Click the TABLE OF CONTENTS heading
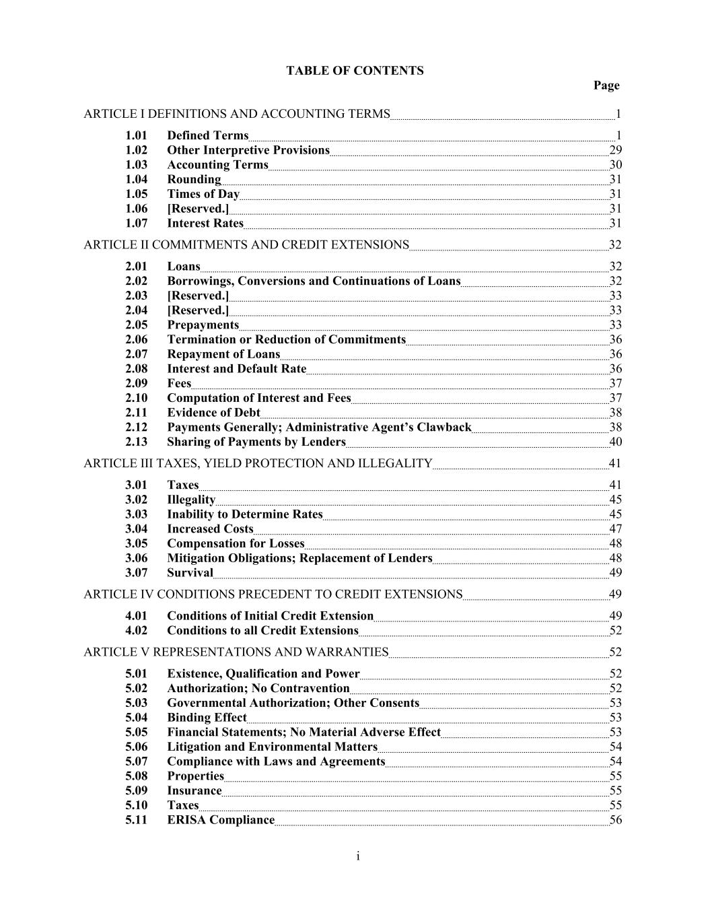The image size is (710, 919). coord(355,71)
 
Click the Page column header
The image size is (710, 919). coord(606,86)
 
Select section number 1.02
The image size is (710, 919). coord(136,150)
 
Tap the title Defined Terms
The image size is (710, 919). coord(207,135)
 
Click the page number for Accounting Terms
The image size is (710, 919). coord(615,165)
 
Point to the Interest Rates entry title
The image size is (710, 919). coord(205,224)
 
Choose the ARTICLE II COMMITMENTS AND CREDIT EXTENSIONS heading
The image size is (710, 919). coord(246,245)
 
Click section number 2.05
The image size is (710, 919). coord(136,325)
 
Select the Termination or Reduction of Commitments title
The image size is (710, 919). coord(286,340)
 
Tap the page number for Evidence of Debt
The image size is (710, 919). coord(615,413)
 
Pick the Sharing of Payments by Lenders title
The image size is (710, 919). coord(256,442)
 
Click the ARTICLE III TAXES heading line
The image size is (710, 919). coord(258,464)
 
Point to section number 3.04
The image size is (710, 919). coord(136,529)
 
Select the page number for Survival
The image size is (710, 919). coord(615,573)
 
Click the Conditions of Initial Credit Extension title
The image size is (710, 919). coord(270,616)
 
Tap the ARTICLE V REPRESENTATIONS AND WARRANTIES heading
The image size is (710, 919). coord(236,652)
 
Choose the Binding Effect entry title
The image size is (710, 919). coord(207,718)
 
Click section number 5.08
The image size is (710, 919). coord(136,776)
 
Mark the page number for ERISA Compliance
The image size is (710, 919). coord(615,820)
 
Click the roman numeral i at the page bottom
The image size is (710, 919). coord(358,856)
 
